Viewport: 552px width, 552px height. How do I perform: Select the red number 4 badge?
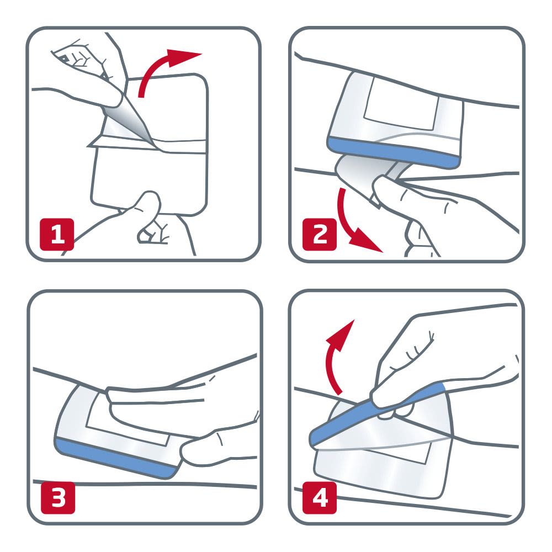319,498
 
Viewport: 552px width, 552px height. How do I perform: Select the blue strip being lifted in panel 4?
375,408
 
